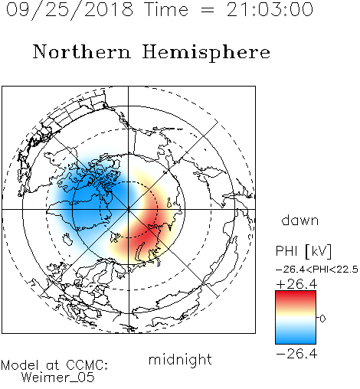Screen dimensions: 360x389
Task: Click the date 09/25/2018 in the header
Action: click(x=70, y=10)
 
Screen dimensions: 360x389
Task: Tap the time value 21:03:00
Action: click(x=270, y=10)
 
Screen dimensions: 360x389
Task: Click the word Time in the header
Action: click(x=166, y=10)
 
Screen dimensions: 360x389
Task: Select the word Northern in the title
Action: click(x=82, y=51)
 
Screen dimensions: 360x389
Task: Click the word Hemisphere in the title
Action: click(x=206, y=53)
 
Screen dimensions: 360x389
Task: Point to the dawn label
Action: click(x=300, y=220)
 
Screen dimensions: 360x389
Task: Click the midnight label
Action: click(x=180, y=359)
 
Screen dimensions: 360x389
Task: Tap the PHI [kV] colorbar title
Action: click(x=303, y=251)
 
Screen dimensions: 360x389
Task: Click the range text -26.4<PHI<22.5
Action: click(x=317, y=270)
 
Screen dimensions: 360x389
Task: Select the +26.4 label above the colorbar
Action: click(x=296, y=284)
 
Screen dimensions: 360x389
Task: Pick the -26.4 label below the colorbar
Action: click(x=296, y=354)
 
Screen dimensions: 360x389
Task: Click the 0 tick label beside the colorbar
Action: click(x=322, y=319)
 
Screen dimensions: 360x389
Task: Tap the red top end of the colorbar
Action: click(x=296, y=293)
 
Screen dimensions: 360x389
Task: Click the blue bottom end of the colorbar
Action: click(x=296, y=341)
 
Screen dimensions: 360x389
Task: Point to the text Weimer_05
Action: click(x=58, y=378)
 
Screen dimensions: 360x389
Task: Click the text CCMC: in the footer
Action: click(x=87, y=365)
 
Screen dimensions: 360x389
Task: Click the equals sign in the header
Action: click(x=208, y=10)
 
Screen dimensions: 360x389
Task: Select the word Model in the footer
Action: click(x=20, y=365)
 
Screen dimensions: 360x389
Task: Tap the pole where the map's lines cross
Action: click(x=129, y=209)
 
